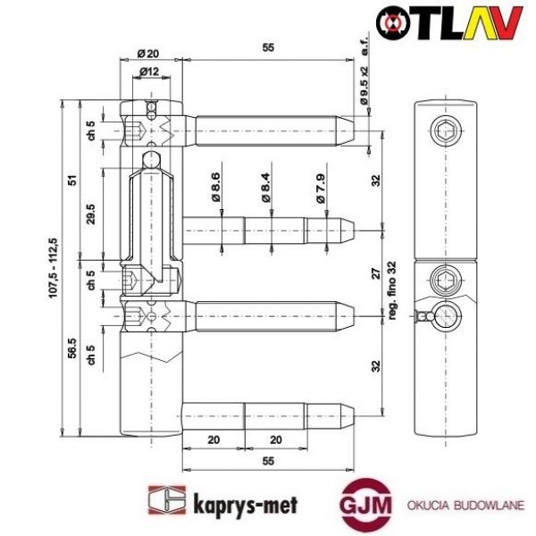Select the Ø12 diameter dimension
point(149,71)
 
